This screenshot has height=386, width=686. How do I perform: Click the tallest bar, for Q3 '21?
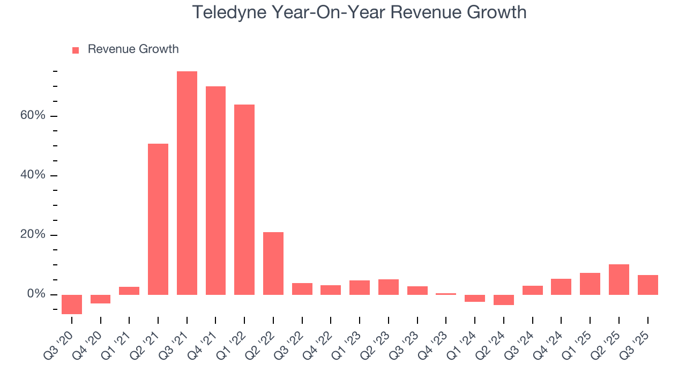coord(187,183)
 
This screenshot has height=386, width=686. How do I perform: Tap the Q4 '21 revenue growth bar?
coord(215,190)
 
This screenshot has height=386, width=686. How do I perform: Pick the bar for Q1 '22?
coord(244,199)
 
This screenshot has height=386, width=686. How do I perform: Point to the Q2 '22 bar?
coord(273,263)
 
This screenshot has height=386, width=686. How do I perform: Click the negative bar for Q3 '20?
coord(72,304)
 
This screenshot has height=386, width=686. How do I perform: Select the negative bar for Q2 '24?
coord(504,300)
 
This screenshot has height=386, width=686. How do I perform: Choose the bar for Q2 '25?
coord(619,279)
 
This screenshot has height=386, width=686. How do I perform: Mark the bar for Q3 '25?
coord(647,285)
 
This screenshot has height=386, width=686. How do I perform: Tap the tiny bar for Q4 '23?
coord(446,294)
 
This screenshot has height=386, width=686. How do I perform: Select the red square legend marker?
coord(76,50)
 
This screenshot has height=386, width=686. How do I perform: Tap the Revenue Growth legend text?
coord(133,49)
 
